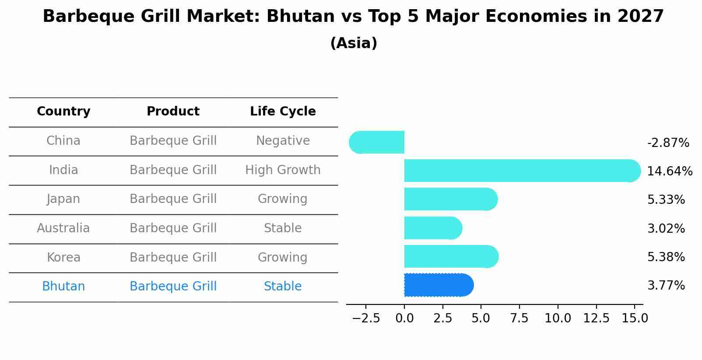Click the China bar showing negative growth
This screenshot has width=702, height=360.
point(377,142)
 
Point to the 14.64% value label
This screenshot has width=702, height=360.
point(670,171)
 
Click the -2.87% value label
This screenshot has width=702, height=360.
point(668,143)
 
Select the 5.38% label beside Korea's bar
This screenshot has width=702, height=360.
point(666,257)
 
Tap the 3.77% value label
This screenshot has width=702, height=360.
point(666,286)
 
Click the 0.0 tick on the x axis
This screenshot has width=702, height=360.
point(404,318)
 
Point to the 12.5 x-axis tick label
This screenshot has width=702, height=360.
point(596,318)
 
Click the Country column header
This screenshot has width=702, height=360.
point(63,112)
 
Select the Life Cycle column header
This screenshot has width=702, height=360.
point(283,112)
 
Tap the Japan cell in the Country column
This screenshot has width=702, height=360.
point(63,199)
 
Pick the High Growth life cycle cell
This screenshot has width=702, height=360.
point(283,170)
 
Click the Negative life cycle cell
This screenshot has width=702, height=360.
point(283,141)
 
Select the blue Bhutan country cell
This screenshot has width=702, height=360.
point(63,287)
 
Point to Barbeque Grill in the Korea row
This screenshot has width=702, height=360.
point(173,257)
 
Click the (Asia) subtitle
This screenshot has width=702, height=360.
point(354,43)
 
